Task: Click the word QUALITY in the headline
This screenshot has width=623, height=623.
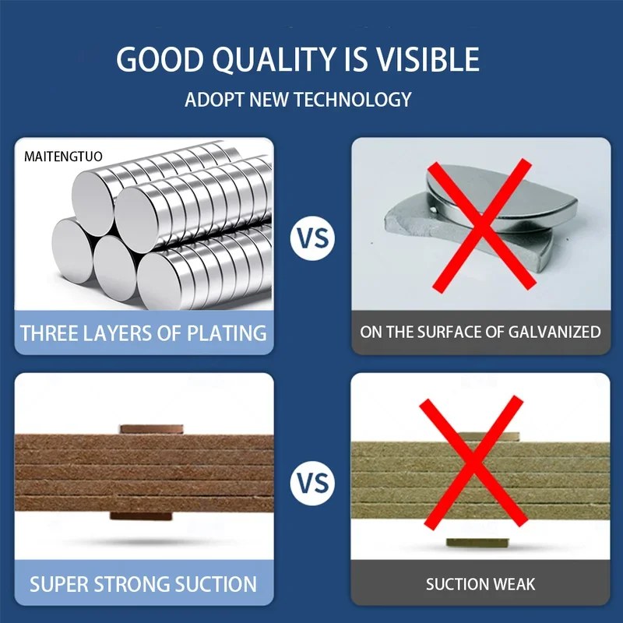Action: click(274, 60)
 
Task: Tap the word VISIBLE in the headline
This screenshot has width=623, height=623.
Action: click(428, 60)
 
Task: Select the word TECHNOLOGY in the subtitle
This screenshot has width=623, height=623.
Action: click(353, 100)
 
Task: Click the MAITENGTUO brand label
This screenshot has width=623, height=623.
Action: click(63, 157)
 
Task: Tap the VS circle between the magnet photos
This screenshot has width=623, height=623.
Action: click(312, 238)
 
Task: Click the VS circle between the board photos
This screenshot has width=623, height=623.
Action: click(312, 483)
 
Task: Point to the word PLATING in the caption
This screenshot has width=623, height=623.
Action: click(227, 333)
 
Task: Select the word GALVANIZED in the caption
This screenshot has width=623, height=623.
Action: click(554, 333)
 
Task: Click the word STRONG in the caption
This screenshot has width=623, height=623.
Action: click(132, 584)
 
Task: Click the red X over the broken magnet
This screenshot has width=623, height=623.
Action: click(481, 225)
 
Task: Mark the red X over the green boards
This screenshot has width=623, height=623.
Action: click(473, 462)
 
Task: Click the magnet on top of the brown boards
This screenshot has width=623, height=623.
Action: click(152, 429)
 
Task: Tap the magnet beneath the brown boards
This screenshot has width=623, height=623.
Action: click(141, 516)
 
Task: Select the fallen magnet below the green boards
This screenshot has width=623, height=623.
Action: click(477, 542)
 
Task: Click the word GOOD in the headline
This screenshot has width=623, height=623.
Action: click(160, 60)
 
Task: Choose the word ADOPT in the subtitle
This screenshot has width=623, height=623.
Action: click(213, 100)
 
